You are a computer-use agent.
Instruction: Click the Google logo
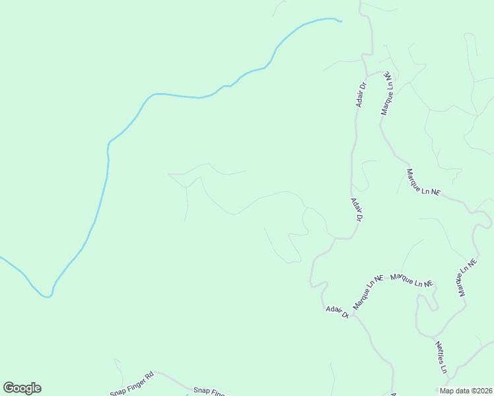coord(22,388)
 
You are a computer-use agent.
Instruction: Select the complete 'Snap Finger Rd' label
coord(132,384)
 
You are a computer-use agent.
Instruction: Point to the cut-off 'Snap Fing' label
coord(209,391)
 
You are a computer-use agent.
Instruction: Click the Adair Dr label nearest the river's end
coord(361,94)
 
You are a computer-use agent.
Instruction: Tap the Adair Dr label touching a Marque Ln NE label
coord(337,312)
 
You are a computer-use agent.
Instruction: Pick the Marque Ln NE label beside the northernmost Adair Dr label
coord(387,94)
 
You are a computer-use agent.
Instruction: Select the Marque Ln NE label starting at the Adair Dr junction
coord(368,292)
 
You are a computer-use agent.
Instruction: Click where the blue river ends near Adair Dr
coord(340,22)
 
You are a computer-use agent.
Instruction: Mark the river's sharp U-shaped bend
coord(46,295)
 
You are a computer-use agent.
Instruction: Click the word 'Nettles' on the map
coord(440,352)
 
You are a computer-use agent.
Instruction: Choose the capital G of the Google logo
coord(9,387)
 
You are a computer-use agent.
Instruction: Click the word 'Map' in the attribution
coord(447,390)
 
